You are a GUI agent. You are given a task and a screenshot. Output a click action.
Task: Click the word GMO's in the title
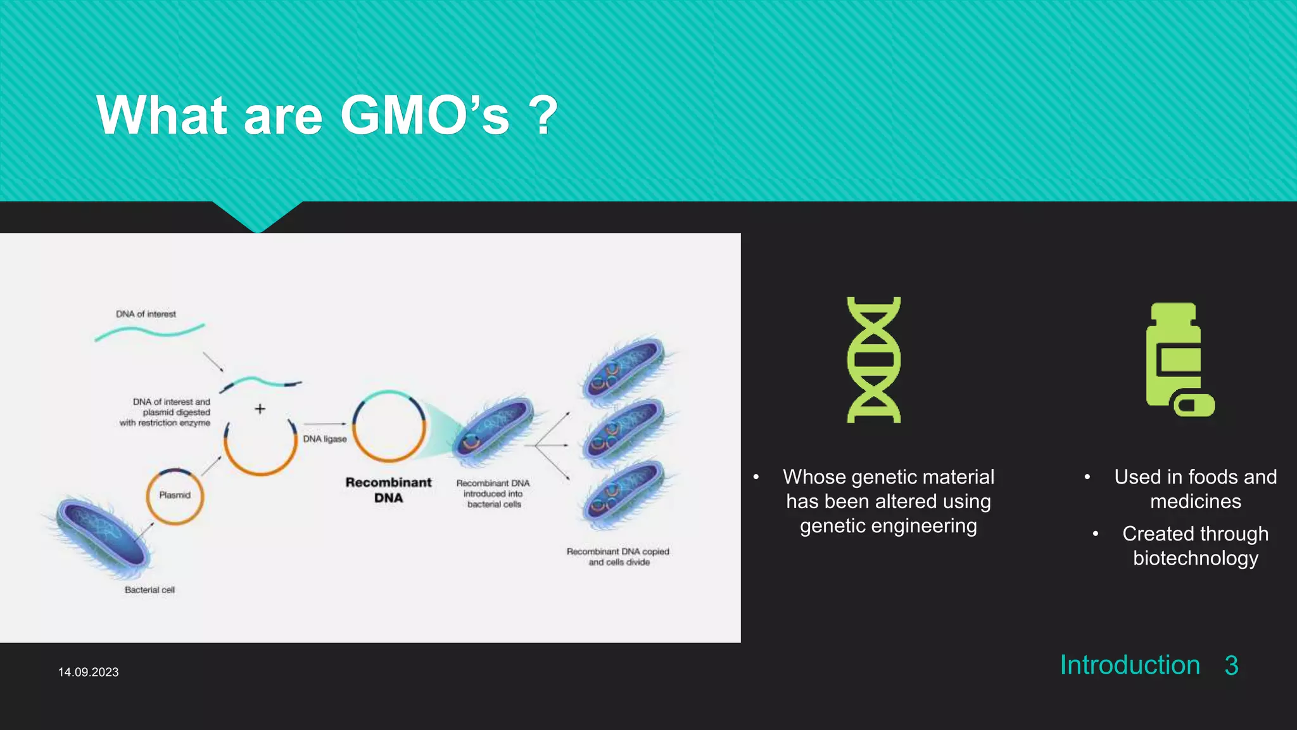[424, 115]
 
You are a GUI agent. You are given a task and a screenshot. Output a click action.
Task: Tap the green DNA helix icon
[874, 359]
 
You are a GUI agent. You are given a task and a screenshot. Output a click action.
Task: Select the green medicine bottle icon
[1177, 359]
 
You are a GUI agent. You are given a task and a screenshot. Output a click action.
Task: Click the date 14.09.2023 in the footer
[88, 672]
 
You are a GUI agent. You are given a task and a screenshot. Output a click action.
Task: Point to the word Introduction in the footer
[1130, 665]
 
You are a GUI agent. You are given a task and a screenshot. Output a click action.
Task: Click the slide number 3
[1231, 665]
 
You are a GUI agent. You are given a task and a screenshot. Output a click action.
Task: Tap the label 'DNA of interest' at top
[146, 314]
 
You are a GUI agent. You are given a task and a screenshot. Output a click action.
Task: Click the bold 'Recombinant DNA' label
[388, 490]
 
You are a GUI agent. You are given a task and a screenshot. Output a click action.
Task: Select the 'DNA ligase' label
[324, 439]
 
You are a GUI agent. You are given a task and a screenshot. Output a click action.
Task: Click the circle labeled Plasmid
[175, 496]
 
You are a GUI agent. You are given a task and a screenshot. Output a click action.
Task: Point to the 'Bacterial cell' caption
[149, 590]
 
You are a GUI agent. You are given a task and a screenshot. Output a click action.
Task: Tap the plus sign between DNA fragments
[260, 409]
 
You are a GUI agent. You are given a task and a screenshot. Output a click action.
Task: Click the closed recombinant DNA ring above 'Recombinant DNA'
[389, 426]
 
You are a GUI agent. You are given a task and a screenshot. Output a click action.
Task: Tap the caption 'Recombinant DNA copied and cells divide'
[618, 556]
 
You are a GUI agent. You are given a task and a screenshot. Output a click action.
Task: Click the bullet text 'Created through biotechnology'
[1195, 546]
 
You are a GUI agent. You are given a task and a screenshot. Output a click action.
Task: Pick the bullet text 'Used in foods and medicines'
[1195, 489]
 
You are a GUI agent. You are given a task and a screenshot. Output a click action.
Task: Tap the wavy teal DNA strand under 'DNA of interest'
[149, 331]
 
